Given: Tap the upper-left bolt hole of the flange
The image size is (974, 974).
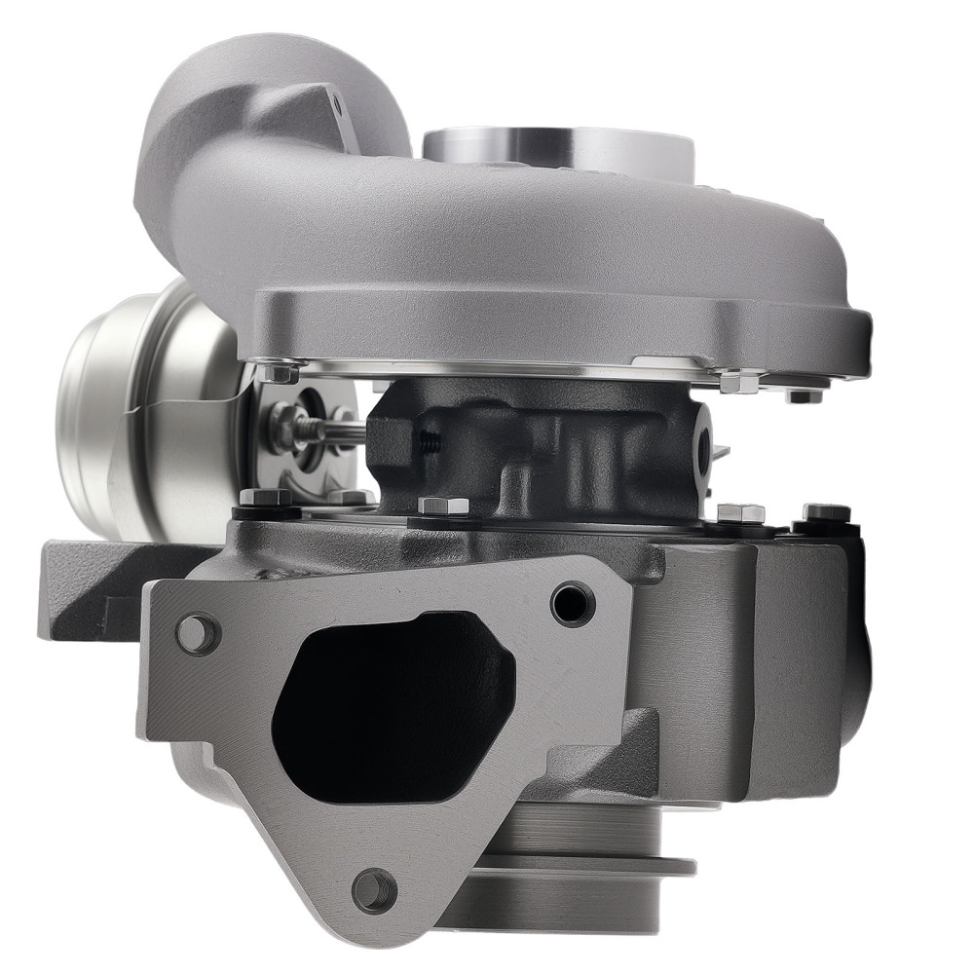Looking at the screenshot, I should click(x=197, y=631).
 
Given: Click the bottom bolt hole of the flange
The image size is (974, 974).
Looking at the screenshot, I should click(x=375, y=888).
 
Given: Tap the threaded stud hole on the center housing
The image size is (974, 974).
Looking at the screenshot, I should click(x=427, y=444).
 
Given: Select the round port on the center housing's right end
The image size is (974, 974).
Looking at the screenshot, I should click(x=703, y=443).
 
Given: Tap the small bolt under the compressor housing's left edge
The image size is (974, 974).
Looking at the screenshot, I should click(x=280, y=372).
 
